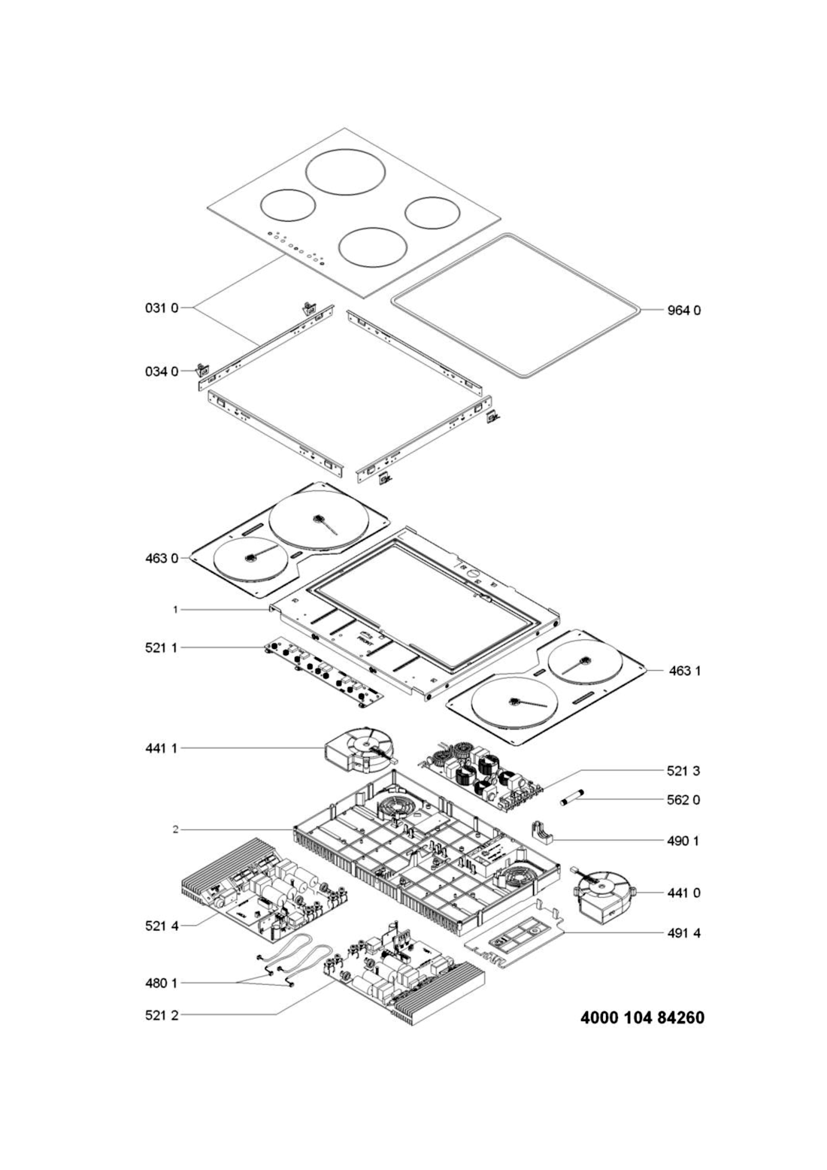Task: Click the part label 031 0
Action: point(162,308)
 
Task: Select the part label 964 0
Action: point(684,311)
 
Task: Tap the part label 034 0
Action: point(162,372)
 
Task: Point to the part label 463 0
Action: point(162,559)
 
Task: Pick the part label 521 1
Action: point(162,648)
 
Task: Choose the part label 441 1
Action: point(162,748)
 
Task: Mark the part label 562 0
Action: point(683,800)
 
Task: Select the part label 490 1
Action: point(683,841)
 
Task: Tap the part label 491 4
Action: point(683,933)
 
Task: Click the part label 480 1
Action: point(162,983)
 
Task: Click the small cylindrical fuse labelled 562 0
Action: point(571,799)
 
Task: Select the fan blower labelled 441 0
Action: point(604,892)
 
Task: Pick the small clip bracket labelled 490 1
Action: point(544,834)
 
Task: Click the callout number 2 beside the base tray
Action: point(175,829)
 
